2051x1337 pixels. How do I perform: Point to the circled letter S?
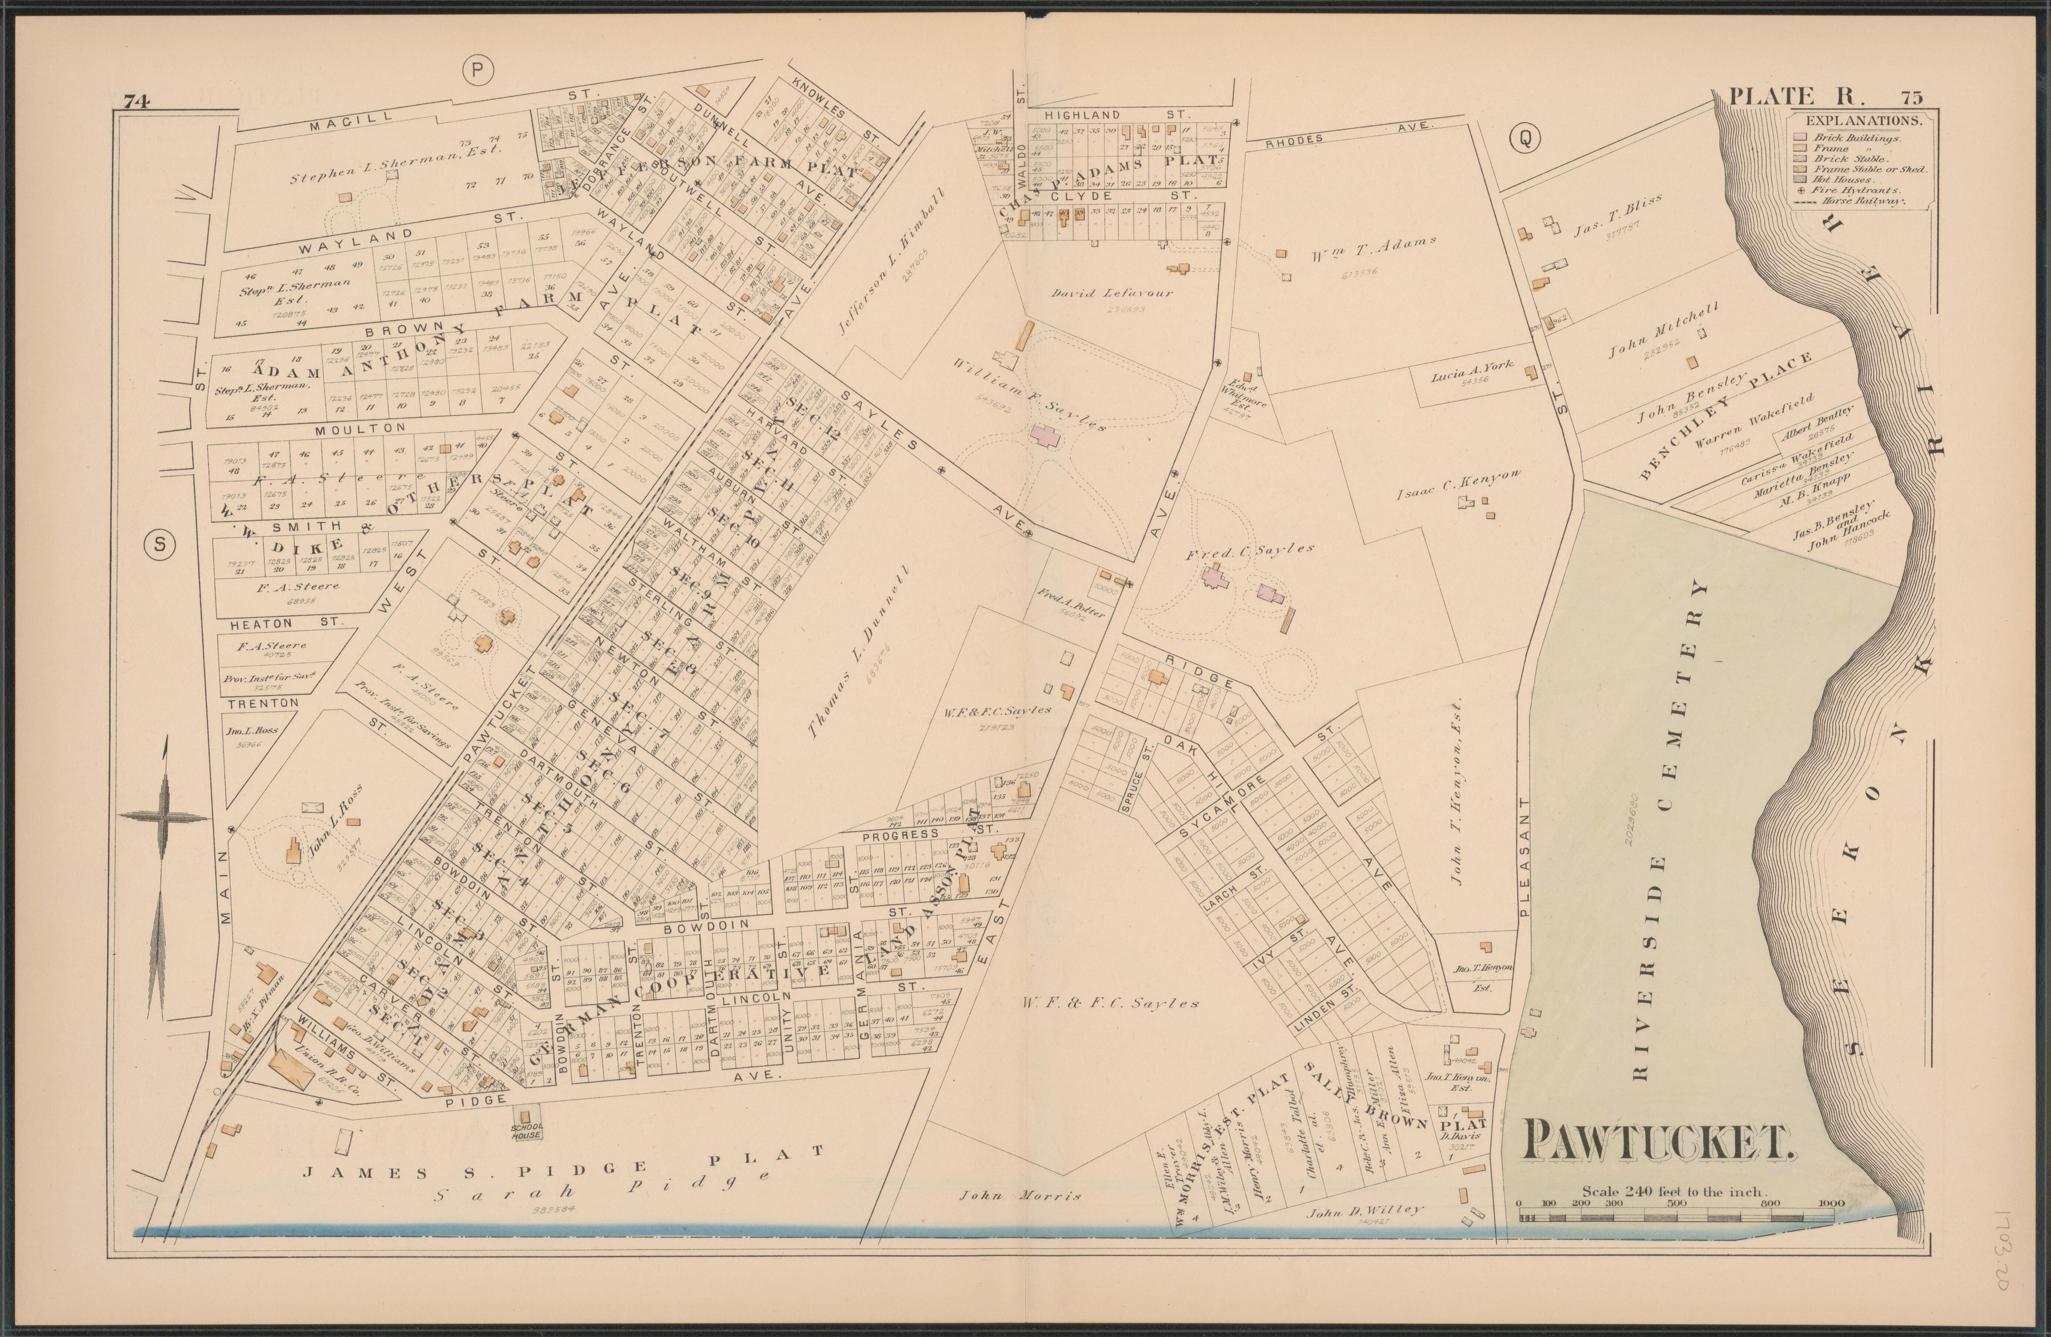pos(159,544)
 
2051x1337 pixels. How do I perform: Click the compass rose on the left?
pos(164,819)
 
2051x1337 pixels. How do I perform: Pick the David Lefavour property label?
pos(1111,293)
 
